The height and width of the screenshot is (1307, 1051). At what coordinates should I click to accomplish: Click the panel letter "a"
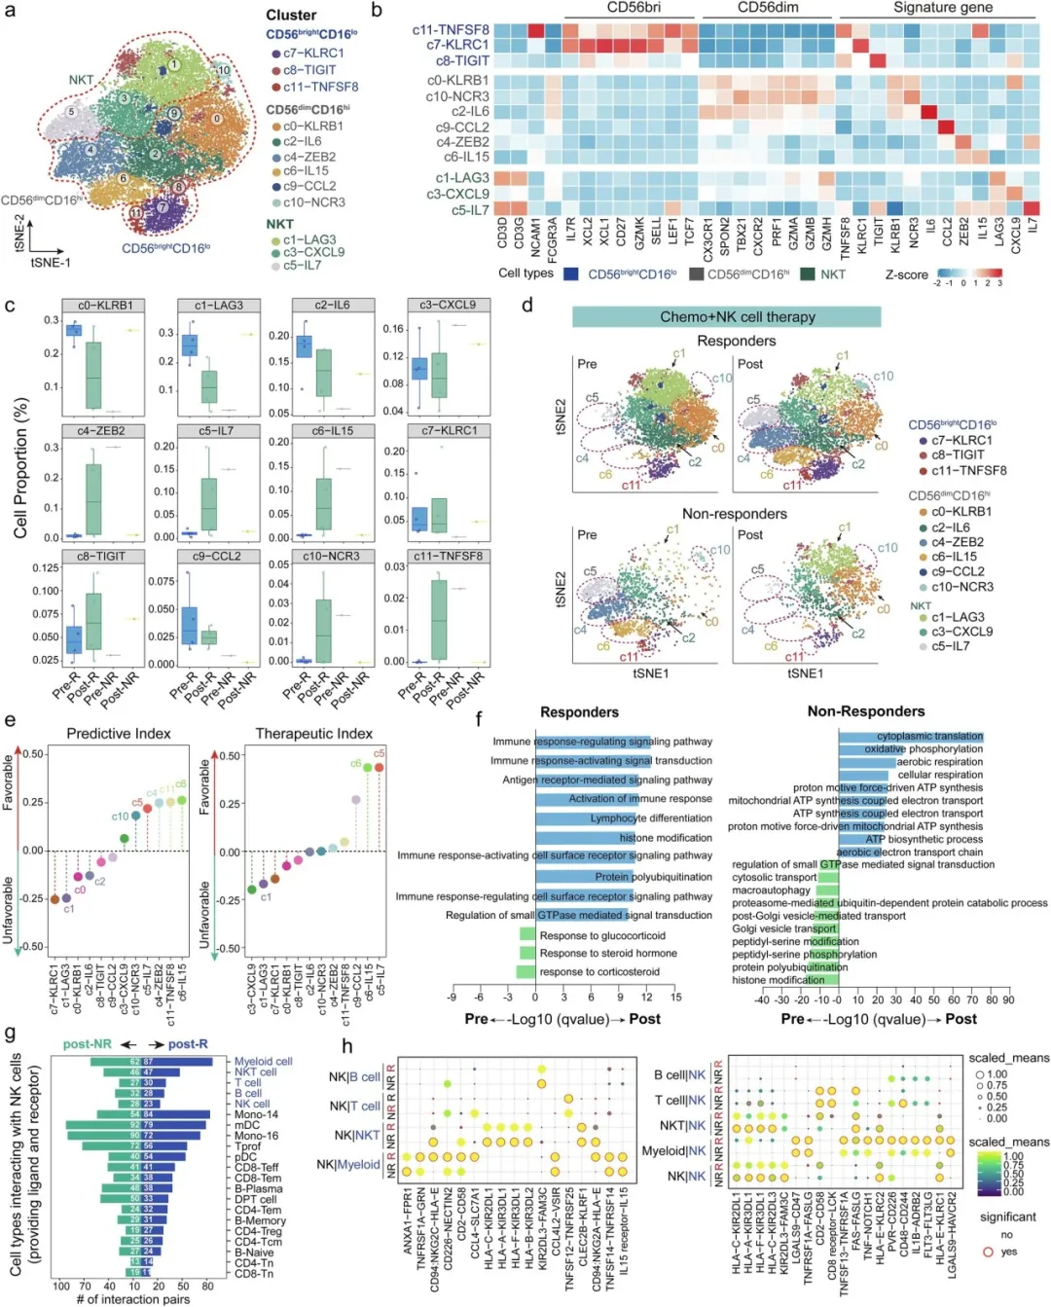point(11,13)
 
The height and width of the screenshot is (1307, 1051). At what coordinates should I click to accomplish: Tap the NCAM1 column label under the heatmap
point(536,237)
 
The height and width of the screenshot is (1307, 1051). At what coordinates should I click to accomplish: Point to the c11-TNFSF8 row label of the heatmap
point(451,30)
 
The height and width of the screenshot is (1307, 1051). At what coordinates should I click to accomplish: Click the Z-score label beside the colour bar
point(906,275)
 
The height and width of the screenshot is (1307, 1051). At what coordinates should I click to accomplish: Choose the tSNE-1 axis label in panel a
point(51,263)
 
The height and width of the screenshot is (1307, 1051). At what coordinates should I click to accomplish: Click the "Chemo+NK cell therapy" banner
point(726,317)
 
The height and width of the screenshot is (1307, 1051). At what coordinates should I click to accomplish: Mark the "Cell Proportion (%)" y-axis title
point(20,468)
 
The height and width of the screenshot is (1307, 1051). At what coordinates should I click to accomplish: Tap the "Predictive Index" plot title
point(119,734)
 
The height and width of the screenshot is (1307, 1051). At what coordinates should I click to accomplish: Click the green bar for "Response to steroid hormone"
point(526,954)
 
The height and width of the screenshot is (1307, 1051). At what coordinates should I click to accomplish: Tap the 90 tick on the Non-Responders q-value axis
point(1008,999)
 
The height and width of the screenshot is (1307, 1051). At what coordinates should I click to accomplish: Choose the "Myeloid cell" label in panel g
point(263,1062)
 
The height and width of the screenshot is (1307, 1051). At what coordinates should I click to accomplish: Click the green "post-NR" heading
point(88,1044)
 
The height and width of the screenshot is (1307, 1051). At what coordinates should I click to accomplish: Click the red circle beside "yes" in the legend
point(989,1252)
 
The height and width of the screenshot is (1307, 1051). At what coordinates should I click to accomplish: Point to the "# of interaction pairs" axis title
point(133,1299)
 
